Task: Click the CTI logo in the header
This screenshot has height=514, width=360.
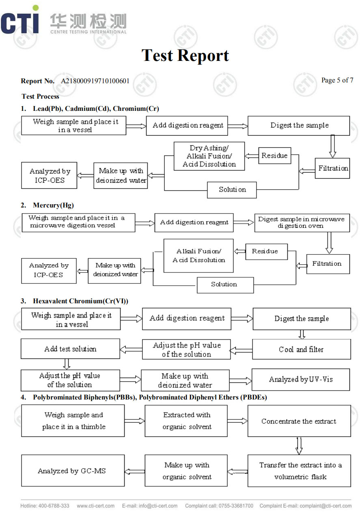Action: click(x=20, y=22)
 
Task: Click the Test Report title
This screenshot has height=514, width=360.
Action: click(x=185, y=56)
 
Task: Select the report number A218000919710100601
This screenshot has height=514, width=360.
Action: click(x=95, y=81)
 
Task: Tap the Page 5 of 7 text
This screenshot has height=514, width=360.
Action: click(x=337, y=80)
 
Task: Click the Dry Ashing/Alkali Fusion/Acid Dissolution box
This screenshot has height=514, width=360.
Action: click(x=209, y=156)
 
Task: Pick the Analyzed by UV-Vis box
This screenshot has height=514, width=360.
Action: click(x=301, y=380)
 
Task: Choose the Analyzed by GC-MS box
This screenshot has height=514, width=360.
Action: click(x=73, y=471)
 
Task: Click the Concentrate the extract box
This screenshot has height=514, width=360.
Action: click(x=299, y=421)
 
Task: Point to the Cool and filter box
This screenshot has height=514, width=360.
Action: click(x=301, y=349)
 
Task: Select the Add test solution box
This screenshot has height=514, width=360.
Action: click(x=70, y=349)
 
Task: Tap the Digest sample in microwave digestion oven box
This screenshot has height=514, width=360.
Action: click(x=302, y=222)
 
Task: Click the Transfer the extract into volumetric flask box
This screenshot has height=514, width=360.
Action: click(x=300, y=471)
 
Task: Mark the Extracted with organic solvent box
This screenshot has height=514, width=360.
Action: click(x=187, y=421)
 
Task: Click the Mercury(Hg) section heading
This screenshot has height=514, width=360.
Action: click(x=53, y=205)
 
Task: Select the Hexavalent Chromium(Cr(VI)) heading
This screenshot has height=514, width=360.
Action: click(x=80, y=301)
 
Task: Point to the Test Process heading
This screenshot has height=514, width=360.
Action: click(x=40, y=96)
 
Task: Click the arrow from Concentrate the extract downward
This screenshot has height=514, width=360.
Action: click(x=299, y=445)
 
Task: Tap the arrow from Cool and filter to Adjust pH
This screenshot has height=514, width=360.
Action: click(x=241, y=350)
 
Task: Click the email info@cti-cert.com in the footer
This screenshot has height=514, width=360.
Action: click(x=156, y=506)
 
